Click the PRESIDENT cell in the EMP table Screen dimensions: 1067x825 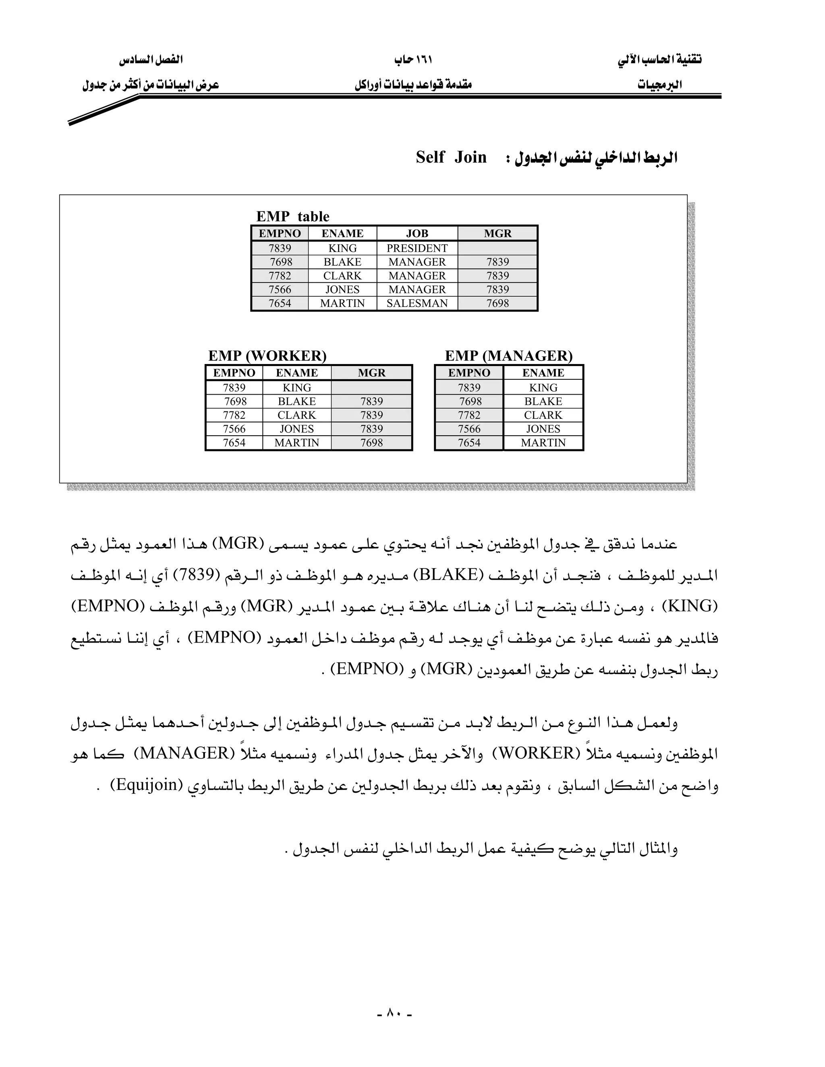[417, 248]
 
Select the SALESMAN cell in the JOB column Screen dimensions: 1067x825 [417, 304]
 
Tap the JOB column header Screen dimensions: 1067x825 [417, 234]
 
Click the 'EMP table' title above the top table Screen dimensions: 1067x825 [293, 217]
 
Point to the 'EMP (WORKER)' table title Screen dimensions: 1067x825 [267, 356]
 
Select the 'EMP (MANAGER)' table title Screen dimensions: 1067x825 [508, 356]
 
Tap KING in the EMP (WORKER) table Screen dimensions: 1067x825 [296, 387]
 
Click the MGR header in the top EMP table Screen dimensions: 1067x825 [497, 234]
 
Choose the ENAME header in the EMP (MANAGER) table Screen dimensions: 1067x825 [543, 373]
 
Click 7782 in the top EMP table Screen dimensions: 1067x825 [280, 275]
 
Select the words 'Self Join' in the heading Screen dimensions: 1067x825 [451, 157]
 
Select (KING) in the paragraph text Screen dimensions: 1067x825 [690, 606]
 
